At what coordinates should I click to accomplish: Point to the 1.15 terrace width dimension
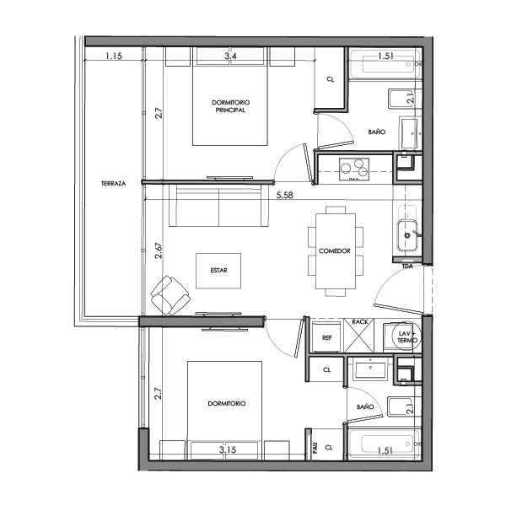point(114,57)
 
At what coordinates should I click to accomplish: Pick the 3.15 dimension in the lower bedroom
point(227,449)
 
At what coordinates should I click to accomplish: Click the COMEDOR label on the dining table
point(335,251)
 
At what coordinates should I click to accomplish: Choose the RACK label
point(360,321)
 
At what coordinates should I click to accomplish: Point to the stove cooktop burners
point(354,167)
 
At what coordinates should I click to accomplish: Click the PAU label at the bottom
point(315,449)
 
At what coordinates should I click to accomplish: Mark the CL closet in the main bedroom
point(330,80)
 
